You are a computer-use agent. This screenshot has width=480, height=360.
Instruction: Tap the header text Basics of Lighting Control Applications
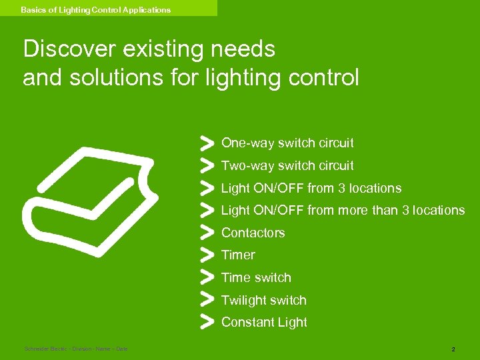click(95, 10)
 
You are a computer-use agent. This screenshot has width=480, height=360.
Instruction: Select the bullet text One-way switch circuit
click(287, 143)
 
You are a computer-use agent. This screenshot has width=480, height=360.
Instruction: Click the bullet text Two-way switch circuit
click(287, 165)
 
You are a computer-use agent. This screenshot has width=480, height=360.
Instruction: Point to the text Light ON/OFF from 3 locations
click(311, 188)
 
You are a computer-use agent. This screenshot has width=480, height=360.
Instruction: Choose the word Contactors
click(253, 233)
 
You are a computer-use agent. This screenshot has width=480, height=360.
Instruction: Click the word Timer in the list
click(238, 255)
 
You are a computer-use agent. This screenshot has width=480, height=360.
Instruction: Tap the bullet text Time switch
click(256, 277)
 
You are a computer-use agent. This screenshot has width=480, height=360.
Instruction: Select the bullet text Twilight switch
click(263, 300)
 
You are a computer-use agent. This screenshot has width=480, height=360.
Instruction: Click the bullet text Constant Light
click(264, 322)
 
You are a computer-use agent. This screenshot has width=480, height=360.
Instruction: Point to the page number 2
click(453, 349)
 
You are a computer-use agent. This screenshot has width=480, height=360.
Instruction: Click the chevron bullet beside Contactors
click(207, 232)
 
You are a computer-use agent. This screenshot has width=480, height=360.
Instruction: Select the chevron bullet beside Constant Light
click(207, 321)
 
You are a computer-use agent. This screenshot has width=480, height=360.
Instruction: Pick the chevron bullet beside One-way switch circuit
click(207, 142)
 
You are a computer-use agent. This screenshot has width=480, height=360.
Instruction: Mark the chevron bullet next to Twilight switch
click(207, 299)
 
